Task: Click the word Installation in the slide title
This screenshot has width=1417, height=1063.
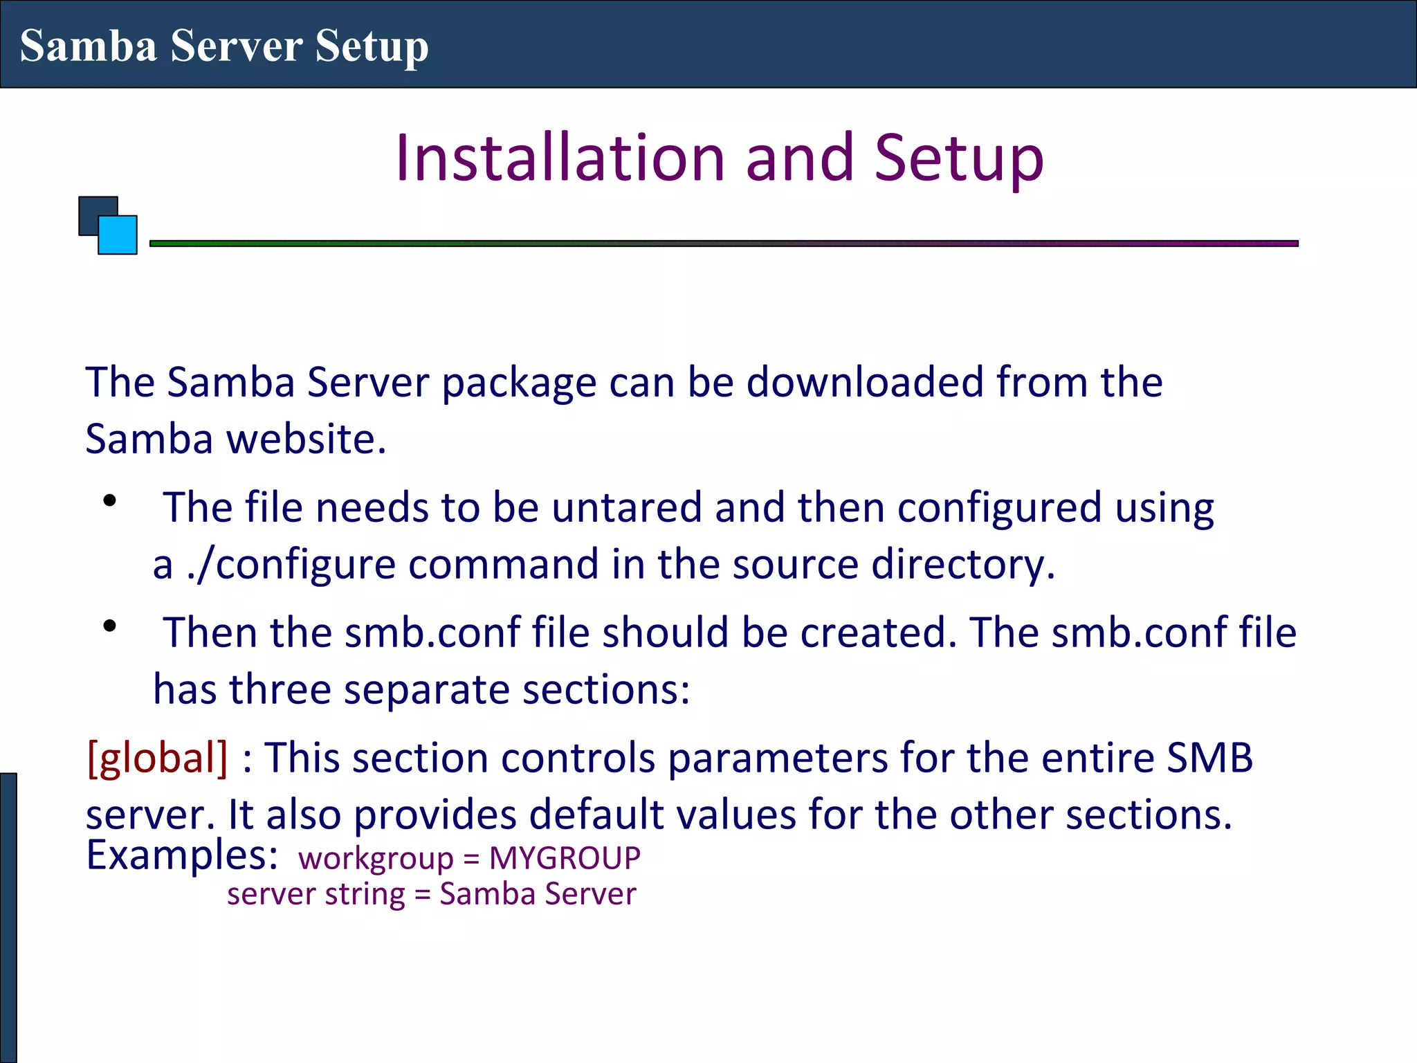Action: coord(560,158)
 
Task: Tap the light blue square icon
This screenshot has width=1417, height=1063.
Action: coord(118,236)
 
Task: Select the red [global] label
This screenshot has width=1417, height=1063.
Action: coord(157,758)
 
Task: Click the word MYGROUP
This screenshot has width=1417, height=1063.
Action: coord(565,859)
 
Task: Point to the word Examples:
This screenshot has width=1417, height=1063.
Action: coord(182,855)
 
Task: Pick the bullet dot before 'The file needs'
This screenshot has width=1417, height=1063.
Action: coord(109,501)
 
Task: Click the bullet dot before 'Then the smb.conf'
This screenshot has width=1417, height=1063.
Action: coord(109,626)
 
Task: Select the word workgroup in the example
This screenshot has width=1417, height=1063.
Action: coord(376,859)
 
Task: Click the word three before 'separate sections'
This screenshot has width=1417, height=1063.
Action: coord(280,690)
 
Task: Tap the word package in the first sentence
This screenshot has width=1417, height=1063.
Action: coord(519,383)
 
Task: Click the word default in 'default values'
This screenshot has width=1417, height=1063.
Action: coord(591,815)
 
